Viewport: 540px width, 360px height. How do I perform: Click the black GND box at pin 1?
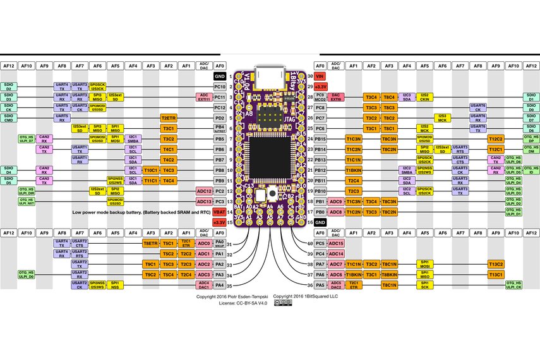(x=220, y=76)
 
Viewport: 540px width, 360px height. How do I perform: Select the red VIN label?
(x=320, y=76)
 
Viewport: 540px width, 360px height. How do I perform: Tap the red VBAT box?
(x=220, y=212)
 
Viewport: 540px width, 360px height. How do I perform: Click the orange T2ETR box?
(x=168, y=117)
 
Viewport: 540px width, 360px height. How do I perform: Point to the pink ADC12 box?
(x=203, y=191)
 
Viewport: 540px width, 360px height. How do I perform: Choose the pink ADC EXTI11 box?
(x=203, y=97)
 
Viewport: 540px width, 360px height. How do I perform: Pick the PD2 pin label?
(x=220, y=117)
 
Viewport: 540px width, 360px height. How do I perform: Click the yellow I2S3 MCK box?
(x=443, y=117)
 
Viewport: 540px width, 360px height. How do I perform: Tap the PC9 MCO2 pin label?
(x=320, y=97)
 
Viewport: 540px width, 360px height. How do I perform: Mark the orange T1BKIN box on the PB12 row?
(x=354, y=170)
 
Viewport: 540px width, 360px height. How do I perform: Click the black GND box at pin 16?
(x=320, y=222)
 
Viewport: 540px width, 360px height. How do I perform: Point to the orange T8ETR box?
(x=150, y=243)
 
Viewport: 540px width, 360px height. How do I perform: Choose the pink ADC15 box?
(x=336, y=243)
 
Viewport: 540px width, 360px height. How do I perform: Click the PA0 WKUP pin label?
(x=220, y=243)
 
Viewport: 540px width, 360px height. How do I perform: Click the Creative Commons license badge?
(x=286, y=303)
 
